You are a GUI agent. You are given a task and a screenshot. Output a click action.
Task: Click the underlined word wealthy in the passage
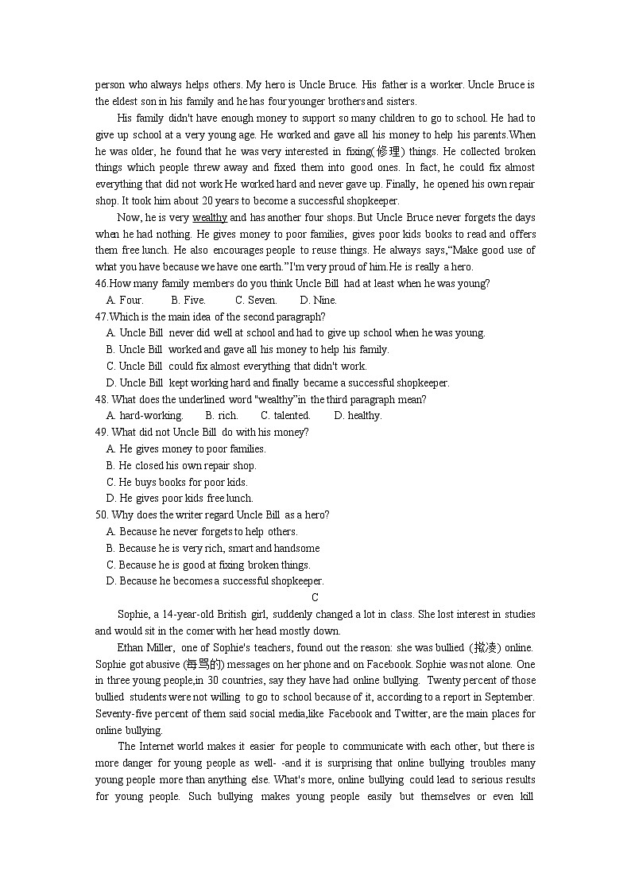(209, 218)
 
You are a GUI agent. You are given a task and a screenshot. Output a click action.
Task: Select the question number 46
(101, 284)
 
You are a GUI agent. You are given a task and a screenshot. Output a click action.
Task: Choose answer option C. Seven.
(256, 301)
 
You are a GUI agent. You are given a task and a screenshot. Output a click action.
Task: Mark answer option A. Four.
(125, 301)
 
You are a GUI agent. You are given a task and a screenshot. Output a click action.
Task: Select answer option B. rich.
(221, 416)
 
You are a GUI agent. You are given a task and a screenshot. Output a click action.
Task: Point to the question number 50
(101, 515)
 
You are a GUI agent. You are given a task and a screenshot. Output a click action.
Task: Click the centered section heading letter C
(315, 598)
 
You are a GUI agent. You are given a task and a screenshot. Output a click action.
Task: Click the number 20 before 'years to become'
(207, 201)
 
